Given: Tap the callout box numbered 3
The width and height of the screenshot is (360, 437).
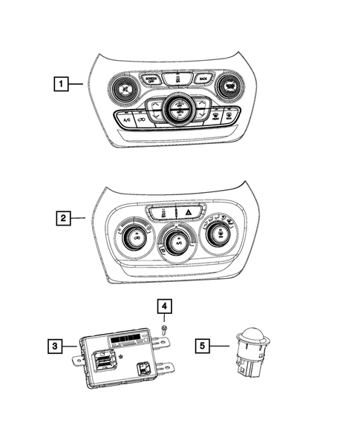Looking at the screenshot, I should coord(54,344).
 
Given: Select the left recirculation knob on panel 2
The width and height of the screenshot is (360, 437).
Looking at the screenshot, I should coord(137,235).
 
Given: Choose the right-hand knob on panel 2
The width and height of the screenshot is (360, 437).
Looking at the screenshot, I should coord(218,234).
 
